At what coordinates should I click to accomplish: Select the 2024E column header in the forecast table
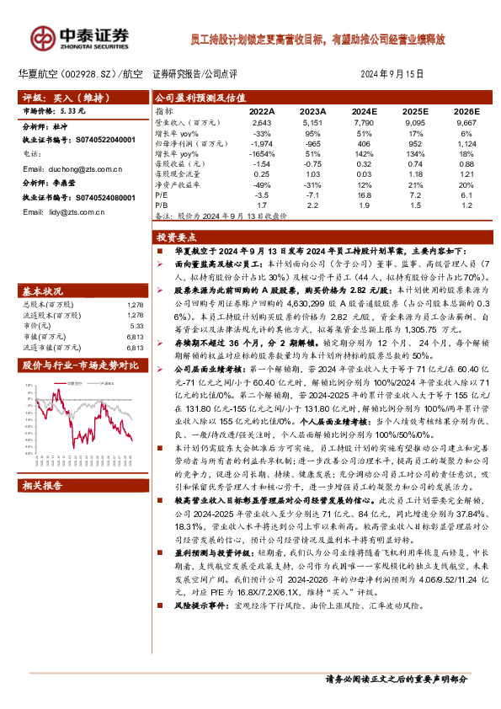364,111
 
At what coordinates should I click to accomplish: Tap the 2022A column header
262,111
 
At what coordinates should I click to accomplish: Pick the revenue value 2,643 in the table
262,124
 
